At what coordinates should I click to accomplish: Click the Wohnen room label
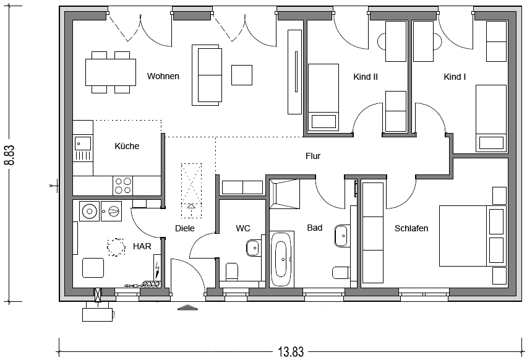click(x=163, y=76)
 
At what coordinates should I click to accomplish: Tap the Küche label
click(x=127, y=146)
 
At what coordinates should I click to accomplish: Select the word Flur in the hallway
click(x=313, y=156)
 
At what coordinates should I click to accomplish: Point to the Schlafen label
click(x=411, y=228)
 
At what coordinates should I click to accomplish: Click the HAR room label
click(x=142, y=246)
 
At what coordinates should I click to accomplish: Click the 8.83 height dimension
click(x=10, y=155)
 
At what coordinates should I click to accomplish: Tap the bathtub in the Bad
click(x=282, y=259)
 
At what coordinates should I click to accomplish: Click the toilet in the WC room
click(x=232, y=272)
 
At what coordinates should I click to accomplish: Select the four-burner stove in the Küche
click(x=122, y=186)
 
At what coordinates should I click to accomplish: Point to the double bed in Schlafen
click(x=473, y=236)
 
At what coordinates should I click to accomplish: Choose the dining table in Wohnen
click(x=111, y=72)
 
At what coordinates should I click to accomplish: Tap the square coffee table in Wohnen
click(x=242, y=75)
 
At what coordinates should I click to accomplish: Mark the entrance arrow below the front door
click(x=187, y=307)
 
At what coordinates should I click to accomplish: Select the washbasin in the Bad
click(x=341, y=236)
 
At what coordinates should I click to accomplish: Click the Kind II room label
click(x=366, y=77)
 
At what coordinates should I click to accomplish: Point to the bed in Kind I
click(x=491, y=118)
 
